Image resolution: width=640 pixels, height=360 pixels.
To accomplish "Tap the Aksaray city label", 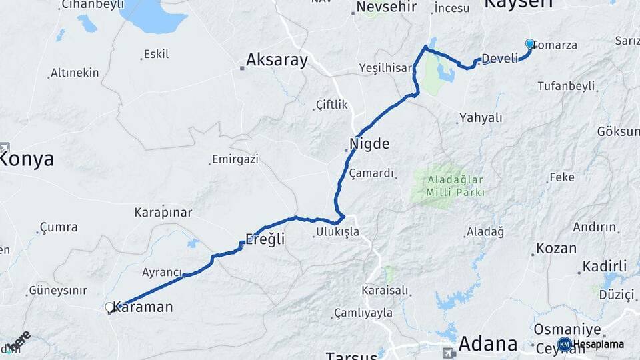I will [x=277, y=61].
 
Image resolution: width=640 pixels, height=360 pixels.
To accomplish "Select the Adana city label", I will [x=488, y=344].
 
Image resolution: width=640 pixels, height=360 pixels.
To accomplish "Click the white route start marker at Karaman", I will [x=110, y=307].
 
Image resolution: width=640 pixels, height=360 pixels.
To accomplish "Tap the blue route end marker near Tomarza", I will [x=530, y=44].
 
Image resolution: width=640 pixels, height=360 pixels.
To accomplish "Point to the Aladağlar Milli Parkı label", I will [x=447, y=186].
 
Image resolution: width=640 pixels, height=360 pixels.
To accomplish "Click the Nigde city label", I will [x=369, y=143].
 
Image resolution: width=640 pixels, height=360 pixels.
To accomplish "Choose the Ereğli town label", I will [x=265, y=239].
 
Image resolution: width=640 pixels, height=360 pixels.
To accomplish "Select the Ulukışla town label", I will [x=337, y=232].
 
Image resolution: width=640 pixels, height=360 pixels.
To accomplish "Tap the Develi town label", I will [x=499, y=59].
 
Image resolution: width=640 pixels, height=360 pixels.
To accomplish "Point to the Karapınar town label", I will [x=163, y=213].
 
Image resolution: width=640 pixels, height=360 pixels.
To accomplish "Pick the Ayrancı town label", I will [x=162, y=272].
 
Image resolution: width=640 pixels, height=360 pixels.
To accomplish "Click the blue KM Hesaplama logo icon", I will [x=565, y=344].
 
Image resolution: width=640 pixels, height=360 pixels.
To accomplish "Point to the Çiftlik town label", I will [x=332, y=105].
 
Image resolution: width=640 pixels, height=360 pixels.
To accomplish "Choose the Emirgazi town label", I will [x=234, y=160].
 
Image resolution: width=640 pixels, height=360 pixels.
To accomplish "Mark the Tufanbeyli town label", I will [x=567, y=86].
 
